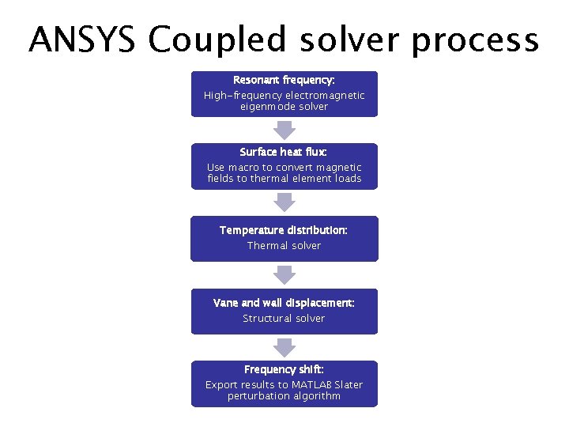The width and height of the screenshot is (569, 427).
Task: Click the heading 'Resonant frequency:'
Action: tap(284, 81)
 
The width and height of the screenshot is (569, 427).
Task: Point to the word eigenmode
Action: tap(269, 106)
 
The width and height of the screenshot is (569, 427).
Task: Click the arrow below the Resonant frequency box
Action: tap(284, 129)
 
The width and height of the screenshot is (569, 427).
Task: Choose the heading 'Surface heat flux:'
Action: tap(284, 152)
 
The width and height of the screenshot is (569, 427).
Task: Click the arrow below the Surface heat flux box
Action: tap(284, 202)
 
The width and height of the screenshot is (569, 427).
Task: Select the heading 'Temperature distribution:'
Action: tap(284, 230)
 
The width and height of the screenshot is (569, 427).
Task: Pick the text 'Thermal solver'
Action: tap(284, 246)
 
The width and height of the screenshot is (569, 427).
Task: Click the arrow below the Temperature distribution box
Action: tap(284, 274)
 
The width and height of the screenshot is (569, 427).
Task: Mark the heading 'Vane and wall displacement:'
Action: tap(284, 303)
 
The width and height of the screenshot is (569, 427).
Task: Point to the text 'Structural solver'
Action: tap(284, 318)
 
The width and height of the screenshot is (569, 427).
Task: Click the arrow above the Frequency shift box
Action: tap(284, 346)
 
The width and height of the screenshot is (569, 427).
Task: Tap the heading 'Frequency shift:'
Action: tap(284, 369)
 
